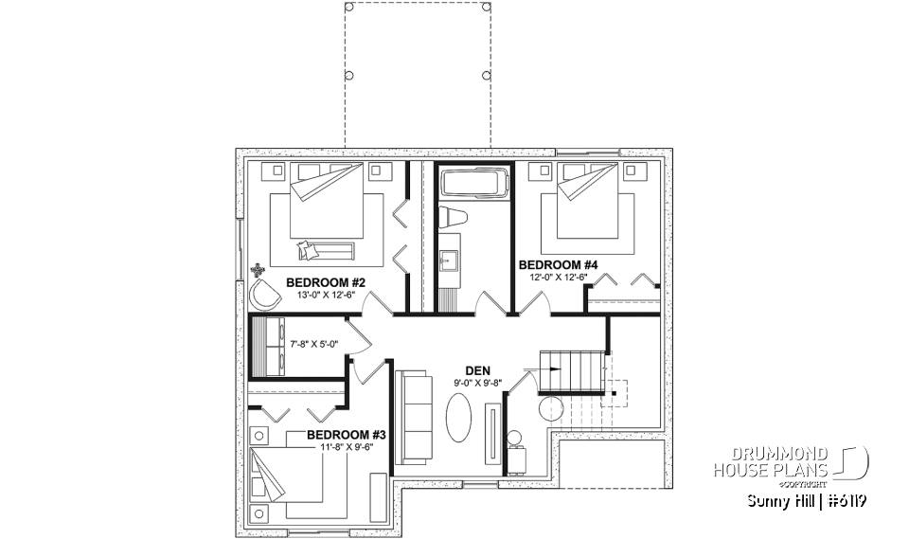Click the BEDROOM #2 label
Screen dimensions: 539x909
pyautogui.click(x=326, y=282)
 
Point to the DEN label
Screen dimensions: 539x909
pyautogui.click(x=476, y=371)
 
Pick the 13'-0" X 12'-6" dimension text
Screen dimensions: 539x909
pyautogui.click(x=326, y=295)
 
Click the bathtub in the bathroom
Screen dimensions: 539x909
pyautogui.click(x=473, y=183)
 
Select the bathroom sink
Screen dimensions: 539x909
pyautogui.click(x=448, y=257)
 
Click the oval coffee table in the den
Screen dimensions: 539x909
pyautogui.click(x=460, y=418)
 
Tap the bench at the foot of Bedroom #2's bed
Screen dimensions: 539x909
pyautogui.click(x=325, y=250)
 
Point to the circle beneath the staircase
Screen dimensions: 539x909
pyautogui.click(x=549, y=409)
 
